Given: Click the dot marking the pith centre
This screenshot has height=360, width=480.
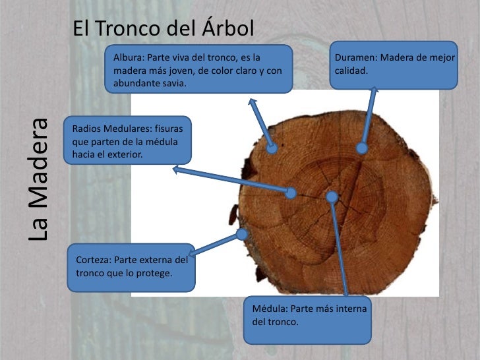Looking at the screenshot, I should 332,196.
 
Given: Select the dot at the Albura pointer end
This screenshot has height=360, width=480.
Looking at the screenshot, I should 272,149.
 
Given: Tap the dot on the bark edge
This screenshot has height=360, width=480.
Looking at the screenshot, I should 242,233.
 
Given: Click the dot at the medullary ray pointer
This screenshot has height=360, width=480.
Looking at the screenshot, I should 291,193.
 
